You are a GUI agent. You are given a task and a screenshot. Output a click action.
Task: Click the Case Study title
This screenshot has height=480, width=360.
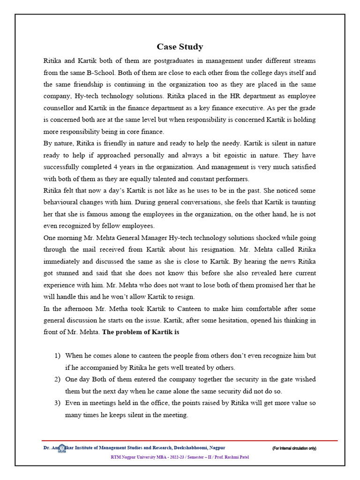pos(180,46)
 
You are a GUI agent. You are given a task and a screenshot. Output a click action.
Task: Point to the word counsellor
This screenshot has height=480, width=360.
pos(60,108)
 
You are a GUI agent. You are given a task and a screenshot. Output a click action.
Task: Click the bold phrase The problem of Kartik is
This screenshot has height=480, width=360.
pos(141,332)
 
